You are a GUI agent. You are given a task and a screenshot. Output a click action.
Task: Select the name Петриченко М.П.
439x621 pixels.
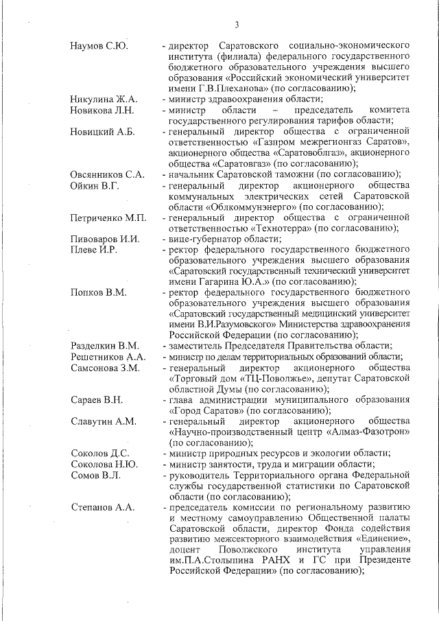point(108,218)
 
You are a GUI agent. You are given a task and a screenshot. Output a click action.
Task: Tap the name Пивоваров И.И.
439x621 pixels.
point(105,239)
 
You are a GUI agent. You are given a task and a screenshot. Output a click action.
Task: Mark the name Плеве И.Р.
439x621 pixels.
point(94,249)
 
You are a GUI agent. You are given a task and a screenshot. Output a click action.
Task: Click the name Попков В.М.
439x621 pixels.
point(98,292)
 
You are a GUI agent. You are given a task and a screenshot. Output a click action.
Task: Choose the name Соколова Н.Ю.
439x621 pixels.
point(104,464)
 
